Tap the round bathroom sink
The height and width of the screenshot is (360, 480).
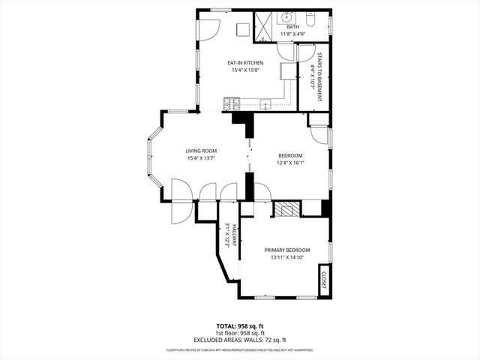pos(286,17)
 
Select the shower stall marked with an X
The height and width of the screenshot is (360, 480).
pos(265,24)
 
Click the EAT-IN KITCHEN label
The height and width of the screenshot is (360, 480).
pos(244,63)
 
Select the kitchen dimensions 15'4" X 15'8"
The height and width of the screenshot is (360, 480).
pos(244,70)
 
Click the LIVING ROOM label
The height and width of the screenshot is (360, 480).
pos(201,151)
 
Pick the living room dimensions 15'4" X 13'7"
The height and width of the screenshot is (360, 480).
pos(201,158)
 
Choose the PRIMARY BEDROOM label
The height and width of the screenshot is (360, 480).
pos(287,250)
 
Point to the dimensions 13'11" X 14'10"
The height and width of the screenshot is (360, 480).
pos(287,257)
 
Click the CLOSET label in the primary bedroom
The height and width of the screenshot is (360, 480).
pos(325,278)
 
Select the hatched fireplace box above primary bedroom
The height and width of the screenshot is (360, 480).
pos(285,209)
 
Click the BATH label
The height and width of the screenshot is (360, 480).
pos(292,27)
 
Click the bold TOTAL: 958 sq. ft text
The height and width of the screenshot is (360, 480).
pos(240,325)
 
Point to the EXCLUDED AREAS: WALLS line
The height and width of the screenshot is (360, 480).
pos(240,339)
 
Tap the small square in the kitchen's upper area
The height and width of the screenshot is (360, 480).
pos(241,29)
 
